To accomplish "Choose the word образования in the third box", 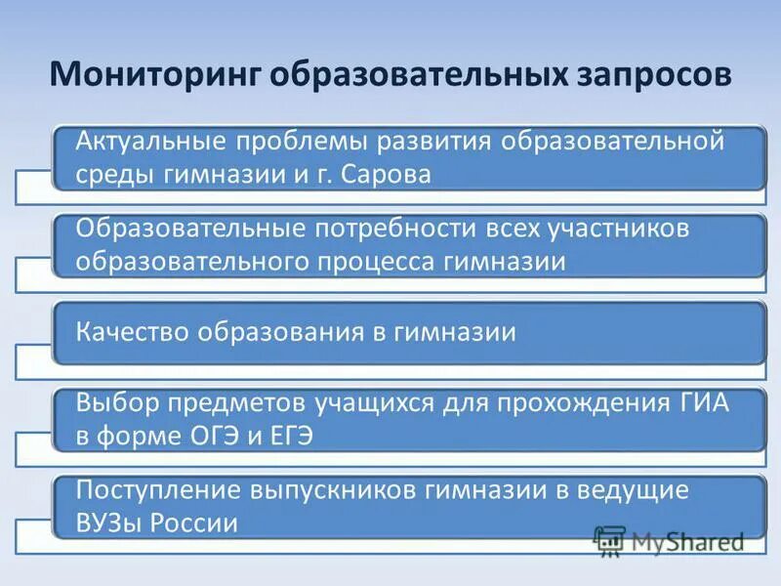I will point(281,332).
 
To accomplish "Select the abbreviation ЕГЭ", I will point(288,436).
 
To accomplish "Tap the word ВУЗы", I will point(109,523).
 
